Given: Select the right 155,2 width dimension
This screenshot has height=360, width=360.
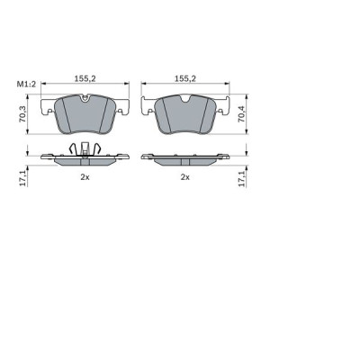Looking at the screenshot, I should [184, 79].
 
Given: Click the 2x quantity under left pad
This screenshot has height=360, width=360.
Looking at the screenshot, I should [84, 178].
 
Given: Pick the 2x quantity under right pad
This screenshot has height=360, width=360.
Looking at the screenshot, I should [184, 178].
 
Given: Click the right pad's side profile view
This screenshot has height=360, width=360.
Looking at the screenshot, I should [184, 158].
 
